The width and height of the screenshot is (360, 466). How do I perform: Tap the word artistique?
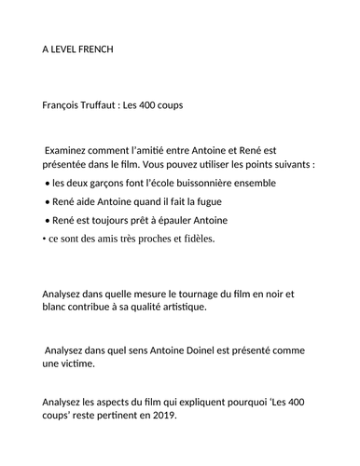click(x=176, y=308)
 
